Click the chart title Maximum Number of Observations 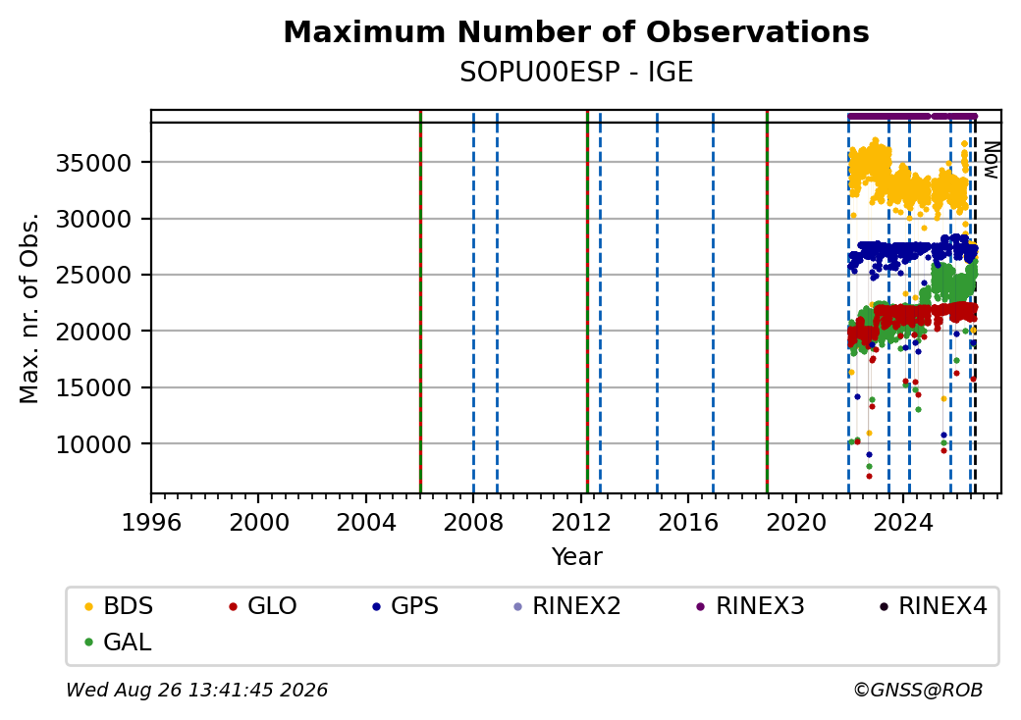[x=576, y=31]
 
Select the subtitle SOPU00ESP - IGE [x=576, y=73]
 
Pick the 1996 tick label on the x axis [x=151, y=522]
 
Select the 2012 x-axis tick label [x=581, y=522]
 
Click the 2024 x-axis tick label [x=903, y=522]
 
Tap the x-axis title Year [x=577, y=557]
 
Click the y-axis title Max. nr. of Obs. [x=29, y=308]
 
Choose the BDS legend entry [x=119, y=606]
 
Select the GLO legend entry [x=263, y=606]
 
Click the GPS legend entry [x=405, y=606]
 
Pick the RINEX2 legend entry [x=567, y=606]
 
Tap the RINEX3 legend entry [x=751, y=606]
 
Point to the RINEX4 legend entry [x=934, y=606]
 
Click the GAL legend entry [x=119, y=642]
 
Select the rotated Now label [x=991, y=160]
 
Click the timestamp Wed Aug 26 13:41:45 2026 [x=197, y=690]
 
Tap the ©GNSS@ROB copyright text [x=918, y=690]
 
